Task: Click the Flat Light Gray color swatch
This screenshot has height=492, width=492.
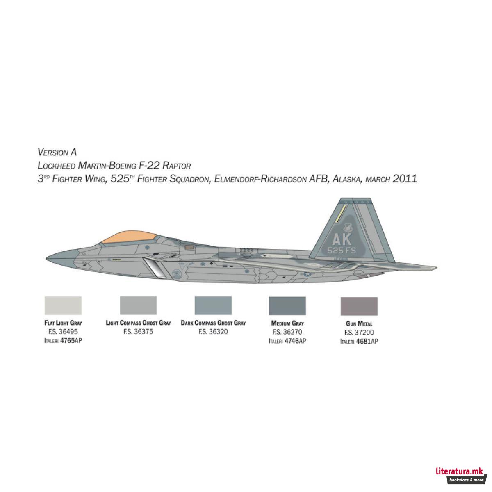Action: tap(63, 306)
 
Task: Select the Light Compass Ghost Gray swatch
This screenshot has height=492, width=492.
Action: tap(138, 306)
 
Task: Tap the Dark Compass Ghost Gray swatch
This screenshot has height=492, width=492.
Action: tap(213, 306)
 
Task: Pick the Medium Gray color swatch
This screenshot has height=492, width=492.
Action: tap(287, 306)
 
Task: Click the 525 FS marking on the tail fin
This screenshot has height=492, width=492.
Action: tap(342, 251)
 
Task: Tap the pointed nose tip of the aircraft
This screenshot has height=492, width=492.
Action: tap(46, 259)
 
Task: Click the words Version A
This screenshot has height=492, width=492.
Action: tap(57, 152)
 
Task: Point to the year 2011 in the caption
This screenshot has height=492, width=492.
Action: tap(405, 179)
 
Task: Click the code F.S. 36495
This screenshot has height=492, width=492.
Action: tap(63, 332)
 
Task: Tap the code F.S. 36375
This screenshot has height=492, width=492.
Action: tap(138, 332)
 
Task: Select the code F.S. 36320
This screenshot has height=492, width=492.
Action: tap(213, 332)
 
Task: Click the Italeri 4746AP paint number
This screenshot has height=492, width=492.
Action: tap(287, 341)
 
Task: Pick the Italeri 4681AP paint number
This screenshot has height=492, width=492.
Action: tap(359, 341)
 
